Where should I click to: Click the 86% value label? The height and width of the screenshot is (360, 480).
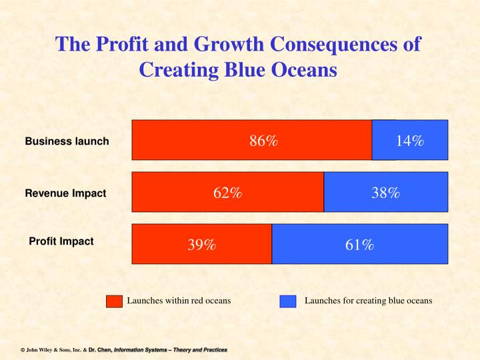[x=263, y=141]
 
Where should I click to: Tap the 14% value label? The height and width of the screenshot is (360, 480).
[x=409, y=141]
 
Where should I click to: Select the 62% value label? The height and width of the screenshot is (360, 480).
[x=227, y=193]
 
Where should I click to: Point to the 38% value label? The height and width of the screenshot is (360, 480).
[x=385, y=193]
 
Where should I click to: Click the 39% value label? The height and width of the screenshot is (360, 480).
[x=201, y=245]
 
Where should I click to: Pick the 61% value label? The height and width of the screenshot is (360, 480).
[x=359, y=245]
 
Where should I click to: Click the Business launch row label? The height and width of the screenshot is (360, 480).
[x=67, y=141]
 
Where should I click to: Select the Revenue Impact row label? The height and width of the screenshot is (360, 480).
[x=65, y=193]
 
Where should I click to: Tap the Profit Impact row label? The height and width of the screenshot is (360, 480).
[x=61, y=241]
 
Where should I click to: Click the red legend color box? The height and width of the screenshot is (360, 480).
[x=115, y=301]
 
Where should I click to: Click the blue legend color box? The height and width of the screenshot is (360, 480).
[x=288, y=301]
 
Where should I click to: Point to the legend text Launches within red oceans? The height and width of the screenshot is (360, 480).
[x=179, y=301]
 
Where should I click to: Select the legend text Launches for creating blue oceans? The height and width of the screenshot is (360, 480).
[x=368, y=301]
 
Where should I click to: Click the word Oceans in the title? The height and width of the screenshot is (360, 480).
[x=305, y=69]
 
